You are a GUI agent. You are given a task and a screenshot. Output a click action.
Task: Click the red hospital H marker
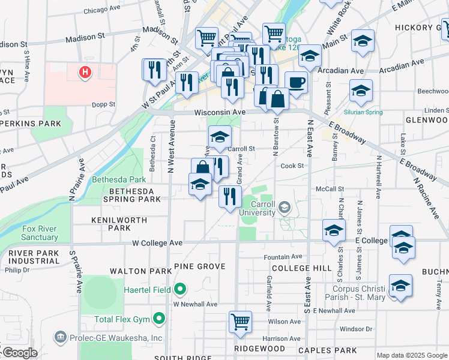pyautogui.click(x=85, y=73)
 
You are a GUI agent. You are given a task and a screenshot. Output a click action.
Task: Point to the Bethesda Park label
pyautogui.click(x=119, y=179)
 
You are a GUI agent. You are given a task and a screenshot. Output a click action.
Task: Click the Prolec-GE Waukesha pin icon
pyautogui.click(x=60, y=337)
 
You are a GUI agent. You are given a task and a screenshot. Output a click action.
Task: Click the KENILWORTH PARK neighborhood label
pyautogui.click(x=119, y=224)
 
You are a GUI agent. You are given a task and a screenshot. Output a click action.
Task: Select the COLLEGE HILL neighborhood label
pyautogui.click(x=301, y=268)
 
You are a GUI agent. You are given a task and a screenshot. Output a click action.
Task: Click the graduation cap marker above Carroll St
pyautogui.click(x=220, y=136)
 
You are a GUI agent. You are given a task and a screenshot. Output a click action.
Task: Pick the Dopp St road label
pyautogui.click(x=104, y=104)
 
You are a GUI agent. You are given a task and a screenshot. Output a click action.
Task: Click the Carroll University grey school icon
pyautogui.click(x=285, y=208)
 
